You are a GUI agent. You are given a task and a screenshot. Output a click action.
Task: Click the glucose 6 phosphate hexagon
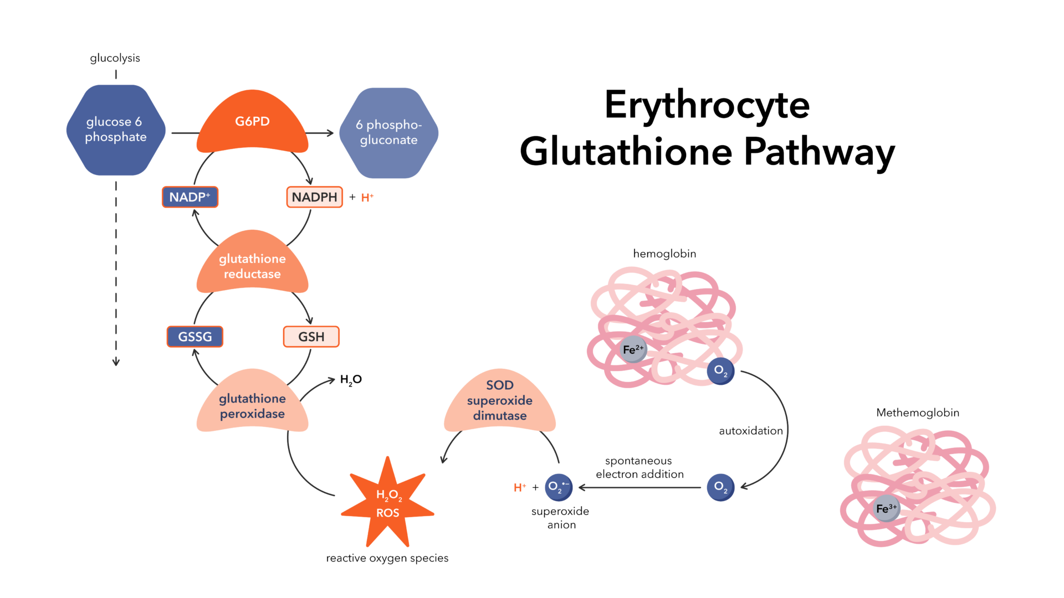tap(116, 130)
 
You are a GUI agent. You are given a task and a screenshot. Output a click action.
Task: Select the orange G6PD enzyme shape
tap(252, 125)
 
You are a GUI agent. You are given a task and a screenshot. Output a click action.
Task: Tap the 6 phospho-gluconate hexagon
tap(388, 133)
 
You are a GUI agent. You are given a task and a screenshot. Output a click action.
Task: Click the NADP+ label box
tap(190, 197)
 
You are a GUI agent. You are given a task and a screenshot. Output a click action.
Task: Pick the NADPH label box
tap(314, 197)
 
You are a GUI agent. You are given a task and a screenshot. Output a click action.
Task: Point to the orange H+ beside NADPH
tap(367, 198)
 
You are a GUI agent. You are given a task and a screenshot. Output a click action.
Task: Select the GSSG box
tap(195, 337)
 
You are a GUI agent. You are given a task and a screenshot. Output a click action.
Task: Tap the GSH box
tap(311, 337)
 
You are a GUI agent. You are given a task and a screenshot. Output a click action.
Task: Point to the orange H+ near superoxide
tap(520, 487)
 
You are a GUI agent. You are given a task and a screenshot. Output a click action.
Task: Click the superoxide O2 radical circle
tap(558, 487)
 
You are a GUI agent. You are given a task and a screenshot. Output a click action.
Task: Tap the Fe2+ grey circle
tap(633, 349)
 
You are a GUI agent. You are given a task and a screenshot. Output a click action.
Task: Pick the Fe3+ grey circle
tap(886, 508)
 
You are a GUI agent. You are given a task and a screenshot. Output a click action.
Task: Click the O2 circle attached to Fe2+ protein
tap(720, 370)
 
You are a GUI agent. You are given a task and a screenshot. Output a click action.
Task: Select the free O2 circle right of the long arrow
tap(720, 487)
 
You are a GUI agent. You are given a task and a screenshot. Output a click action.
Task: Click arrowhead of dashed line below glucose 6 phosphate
tap(116, 363)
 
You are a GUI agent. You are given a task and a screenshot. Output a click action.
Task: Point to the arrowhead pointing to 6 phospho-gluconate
tap(330, 133)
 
